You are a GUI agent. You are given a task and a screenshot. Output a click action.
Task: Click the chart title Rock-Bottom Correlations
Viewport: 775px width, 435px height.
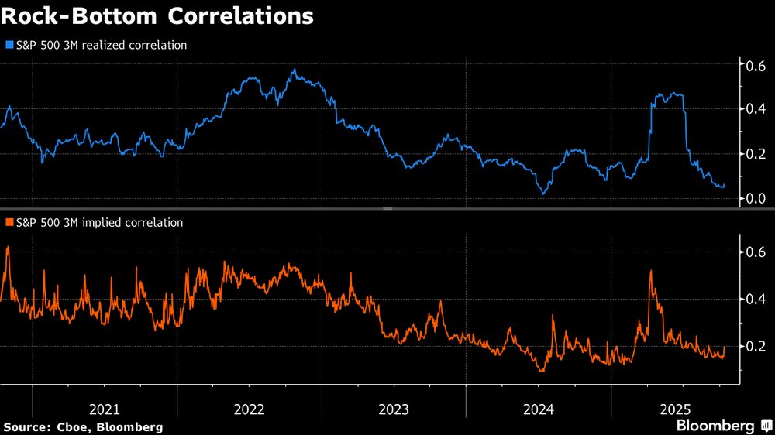158,16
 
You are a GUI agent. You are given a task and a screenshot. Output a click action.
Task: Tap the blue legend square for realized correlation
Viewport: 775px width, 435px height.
9,46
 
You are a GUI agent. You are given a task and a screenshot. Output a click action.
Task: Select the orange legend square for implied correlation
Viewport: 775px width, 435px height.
9,223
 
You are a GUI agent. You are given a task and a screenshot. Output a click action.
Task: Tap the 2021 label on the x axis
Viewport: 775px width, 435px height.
104,408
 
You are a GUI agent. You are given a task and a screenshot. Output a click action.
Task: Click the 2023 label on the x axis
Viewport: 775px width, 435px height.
394,408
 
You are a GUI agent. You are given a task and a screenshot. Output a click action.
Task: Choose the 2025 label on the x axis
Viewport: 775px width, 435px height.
683,408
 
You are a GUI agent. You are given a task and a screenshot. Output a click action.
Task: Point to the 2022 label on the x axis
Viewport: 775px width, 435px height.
249,408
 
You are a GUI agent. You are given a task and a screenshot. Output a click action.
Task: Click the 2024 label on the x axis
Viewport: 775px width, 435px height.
538,408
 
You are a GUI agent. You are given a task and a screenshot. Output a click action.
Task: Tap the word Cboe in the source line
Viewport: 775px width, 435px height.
73,426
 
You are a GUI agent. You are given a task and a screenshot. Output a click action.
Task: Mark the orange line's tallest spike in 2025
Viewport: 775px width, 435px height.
649,271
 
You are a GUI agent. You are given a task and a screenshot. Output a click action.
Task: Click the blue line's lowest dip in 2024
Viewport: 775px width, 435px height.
544,194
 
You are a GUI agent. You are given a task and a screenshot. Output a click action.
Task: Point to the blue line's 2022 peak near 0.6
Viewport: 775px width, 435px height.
294,70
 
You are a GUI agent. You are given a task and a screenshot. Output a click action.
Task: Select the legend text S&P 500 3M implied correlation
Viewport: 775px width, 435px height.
98,223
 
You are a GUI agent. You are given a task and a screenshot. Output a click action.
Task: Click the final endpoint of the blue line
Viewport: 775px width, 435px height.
724,186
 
